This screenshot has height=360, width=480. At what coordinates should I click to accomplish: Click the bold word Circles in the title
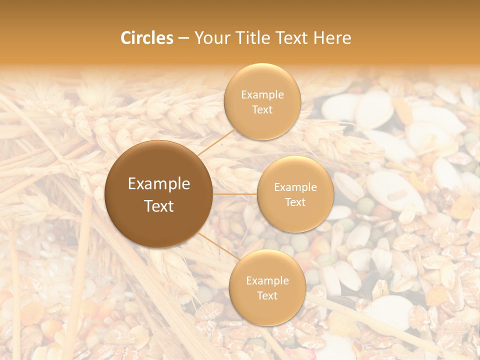(x=147, y=38)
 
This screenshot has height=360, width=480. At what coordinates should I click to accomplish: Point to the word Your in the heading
(x=210, y=38)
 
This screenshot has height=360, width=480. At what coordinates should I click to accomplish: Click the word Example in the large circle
(x=159, y=184)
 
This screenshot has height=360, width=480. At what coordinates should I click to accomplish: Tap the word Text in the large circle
(x=159, y=206)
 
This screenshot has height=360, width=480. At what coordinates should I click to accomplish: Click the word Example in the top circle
(x=262, y=95)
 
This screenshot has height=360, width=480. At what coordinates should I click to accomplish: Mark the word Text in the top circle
(x=262, y=109)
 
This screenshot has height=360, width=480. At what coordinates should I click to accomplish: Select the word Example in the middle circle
(x=295, y=187)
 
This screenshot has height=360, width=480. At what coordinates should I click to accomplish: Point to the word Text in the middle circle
(x=295, y=202)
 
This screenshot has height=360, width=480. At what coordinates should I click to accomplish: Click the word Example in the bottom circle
(x=267, y=281)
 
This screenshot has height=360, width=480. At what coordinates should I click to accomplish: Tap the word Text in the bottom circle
(x=267, y=295)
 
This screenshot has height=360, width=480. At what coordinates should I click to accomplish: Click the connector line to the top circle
(x=216, y=142)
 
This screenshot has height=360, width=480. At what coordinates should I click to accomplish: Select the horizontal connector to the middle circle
(x=235, y=194)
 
